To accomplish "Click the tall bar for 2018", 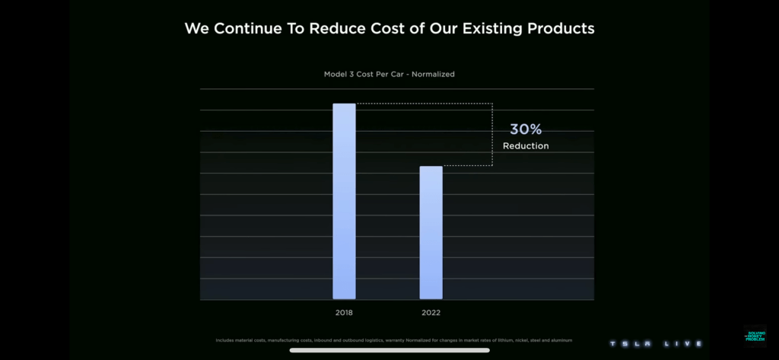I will [x=344, y=201].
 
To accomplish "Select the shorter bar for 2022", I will [x=431, y=232].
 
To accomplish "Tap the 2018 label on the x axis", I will [x=344, y=313].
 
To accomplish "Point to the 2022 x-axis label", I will [x=431, y=313].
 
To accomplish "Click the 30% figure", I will [x=526, y=129].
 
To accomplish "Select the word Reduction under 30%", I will [x=526, y=146].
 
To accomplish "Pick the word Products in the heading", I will [x=559, y=29].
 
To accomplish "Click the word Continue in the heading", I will [x=250, y=29].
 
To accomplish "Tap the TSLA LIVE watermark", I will [x=655, y=344].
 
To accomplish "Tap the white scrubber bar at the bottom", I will [x=389, y=350].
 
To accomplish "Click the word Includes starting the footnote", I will [x=225, y=339].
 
